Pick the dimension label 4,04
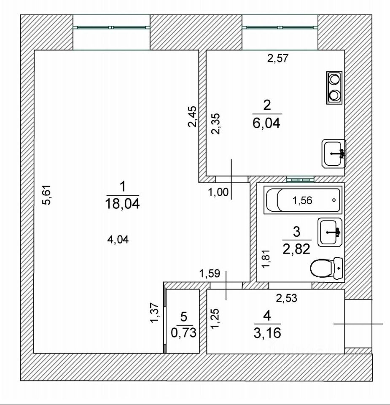[x=118, y=240]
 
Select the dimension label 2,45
[x=192, y=116]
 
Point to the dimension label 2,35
[x=216, y=124]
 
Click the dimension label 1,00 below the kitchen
[x=218, y=193]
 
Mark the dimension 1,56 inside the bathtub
[x=302, y=201]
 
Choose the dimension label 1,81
[x=266, y=259]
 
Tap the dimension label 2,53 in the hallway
[x=287, y=298]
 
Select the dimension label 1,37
[x=155, y=313]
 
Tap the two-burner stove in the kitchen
[x=334, y=87]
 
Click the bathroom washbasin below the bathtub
[x=331, y=232]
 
